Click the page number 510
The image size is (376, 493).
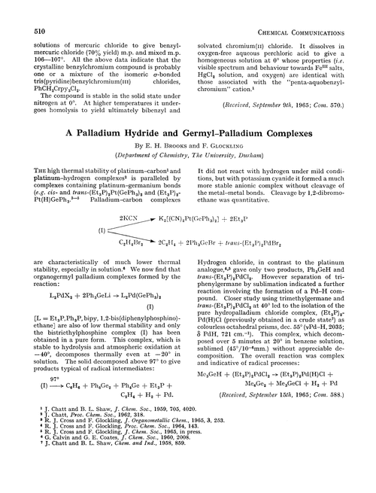(21, 10)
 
